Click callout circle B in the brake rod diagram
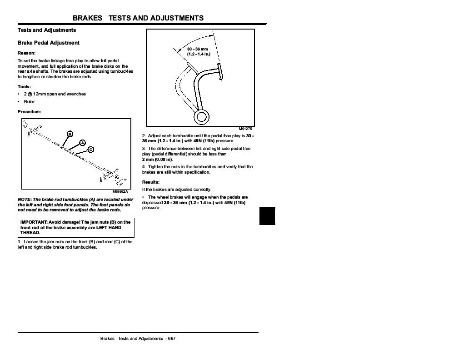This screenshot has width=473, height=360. point(70,134)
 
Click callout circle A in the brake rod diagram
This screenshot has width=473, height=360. point(82,143)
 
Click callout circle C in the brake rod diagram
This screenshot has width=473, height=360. point(90,150)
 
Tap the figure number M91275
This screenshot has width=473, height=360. point(245,129)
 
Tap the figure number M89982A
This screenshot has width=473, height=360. point(120,192)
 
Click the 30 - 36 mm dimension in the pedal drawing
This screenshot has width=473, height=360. point(198,49)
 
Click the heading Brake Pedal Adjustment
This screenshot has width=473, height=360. point(48,43)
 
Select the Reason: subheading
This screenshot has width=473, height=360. point(26,53)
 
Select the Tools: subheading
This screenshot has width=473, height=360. point(24,86)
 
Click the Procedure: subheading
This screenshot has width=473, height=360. point(29,111)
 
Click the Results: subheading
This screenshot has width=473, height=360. point(151,182)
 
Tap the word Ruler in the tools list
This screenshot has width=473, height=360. point(29,102)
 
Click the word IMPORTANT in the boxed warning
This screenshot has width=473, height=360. point(34,222)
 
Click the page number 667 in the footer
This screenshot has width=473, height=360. point(172,339)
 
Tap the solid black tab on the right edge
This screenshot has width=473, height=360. point(268,215)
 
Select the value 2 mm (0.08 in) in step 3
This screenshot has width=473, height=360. point(157,160)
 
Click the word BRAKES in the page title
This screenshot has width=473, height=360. point(88,18)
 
